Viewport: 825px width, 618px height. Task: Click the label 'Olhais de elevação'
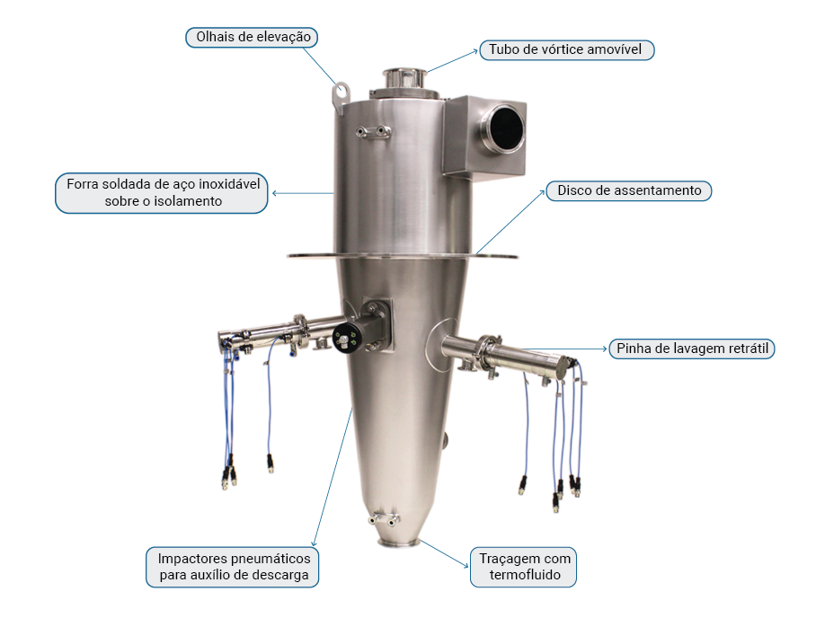[x=252, y=38]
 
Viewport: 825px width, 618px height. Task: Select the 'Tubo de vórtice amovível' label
[x=567, y=50]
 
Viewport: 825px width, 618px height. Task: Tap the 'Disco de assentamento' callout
[x=629, y=190]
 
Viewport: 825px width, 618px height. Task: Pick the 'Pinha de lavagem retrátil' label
[x=692, y=349]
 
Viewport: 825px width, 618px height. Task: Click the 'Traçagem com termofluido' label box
[x=524, y=567]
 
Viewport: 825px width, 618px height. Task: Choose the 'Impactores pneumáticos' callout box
[x=233, y=567]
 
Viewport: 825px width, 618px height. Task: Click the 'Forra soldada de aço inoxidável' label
[x=162, y=193]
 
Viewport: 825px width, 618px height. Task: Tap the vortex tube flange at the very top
[x=404, y=73]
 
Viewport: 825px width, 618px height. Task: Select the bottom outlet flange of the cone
[x=398, y=543]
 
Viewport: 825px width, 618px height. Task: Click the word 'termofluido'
[x=525, y=575]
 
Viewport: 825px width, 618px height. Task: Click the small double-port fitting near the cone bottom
[x=384, y=519]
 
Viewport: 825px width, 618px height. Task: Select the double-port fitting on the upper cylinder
[x=373, y=131]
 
